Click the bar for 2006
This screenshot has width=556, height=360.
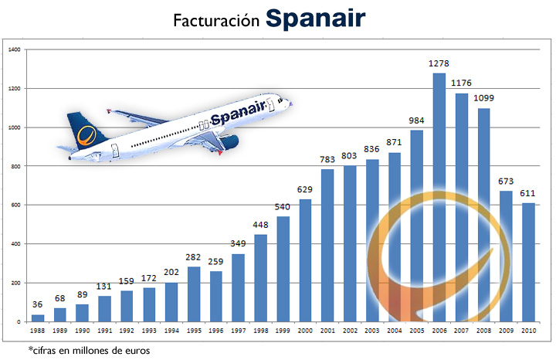[439, 197]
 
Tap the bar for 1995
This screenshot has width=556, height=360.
[194, 294]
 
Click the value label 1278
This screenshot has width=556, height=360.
[439, 63]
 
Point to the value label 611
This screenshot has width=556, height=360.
[528, 192]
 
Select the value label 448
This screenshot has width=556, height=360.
[260, 225]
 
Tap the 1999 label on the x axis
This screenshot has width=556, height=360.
[283, 330]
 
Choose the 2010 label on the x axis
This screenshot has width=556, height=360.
[528, 330]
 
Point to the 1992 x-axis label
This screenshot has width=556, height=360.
[127, 330]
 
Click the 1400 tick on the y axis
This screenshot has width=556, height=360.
[14, 49]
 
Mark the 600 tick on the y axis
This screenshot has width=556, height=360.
[15, 205]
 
